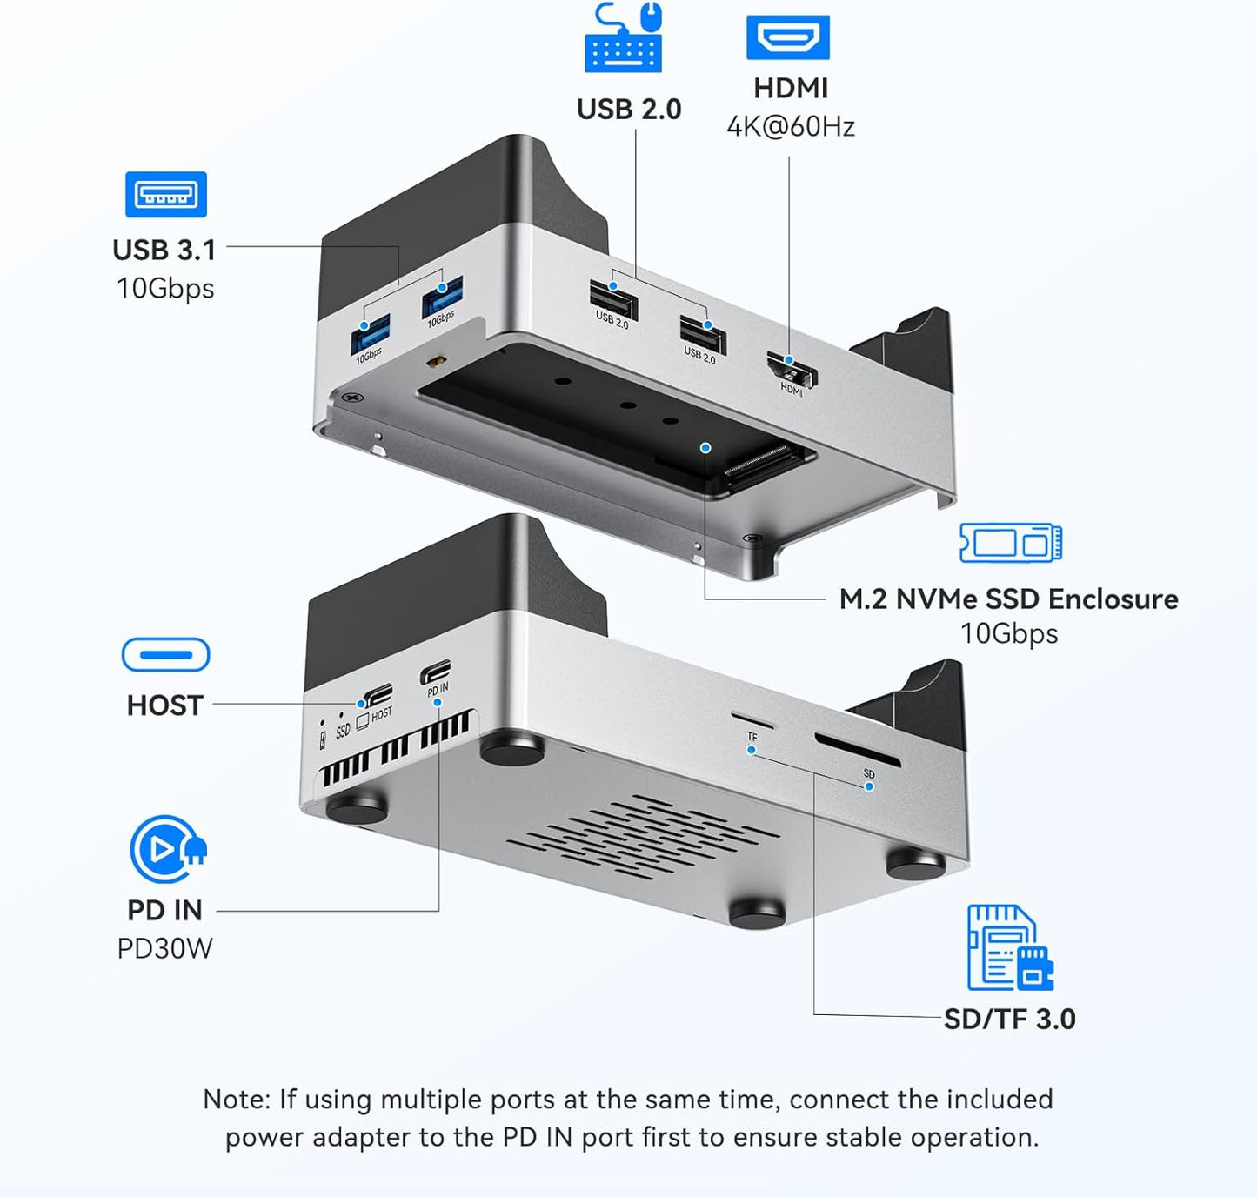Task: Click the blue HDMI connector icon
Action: click(787, 37)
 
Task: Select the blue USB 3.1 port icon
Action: click(166, 194)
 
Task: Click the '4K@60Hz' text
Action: click(791, 127)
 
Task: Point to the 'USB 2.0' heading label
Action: click(629, 110)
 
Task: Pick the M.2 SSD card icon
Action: click(1011, 543)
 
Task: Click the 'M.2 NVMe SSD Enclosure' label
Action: click(1008, 599)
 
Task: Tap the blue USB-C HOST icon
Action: click(165, 655)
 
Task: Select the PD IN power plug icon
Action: click(167, 849)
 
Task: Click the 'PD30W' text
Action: click(164, 948)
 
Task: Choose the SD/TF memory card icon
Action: click(1009, 947)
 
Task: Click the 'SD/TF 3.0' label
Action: click(1009, 1019)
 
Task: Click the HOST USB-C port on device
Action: click(378, 695)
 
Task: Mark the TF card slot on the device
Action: click(752, 720)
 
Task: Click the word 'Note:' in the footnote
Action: click(237, 1100)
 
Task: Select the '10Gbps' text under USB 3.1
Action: click(165, 289)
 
